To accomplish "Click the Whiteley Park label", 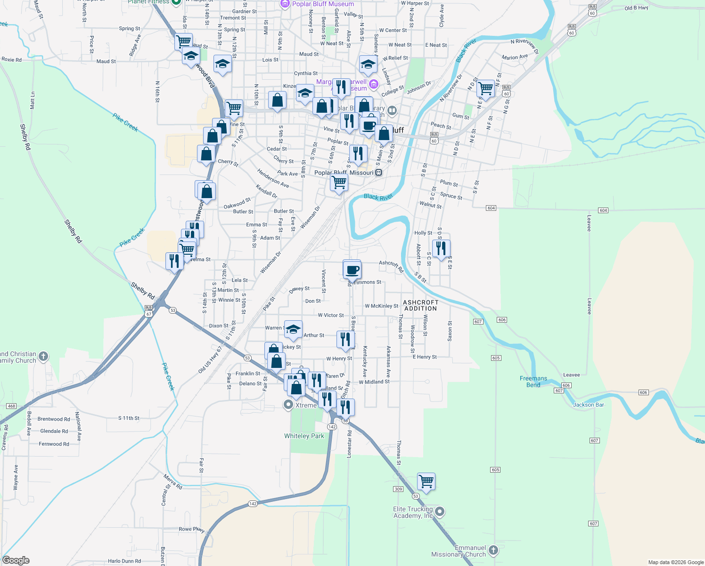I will pyautogui.click(x=304, y=436).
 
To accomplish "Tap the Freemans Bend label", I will pyautogui.click(x=533, y=382).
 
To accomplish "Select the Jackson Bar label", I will pyautogui.click(x=588, y=405).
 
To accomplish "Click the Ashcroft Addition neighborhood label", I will pyautogui.click(x=420, y=305).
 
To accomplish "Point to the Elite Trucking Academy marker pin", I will pyautogui.click(x=440, y=511).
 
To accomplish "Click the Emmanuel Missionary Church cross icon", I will pyautogui.click(x=493, y=550).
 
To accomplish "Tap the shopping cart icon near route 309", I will pyautogui.click(x=426, y=482).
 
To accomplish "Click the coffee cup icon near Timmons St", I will pyautogui.click(x=352, y=270).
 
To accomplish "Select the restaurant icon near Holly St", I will pyautogui.click(x=441, y=248).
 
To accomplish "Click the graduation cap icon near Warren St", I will pyautogui.click(x=293, y=329).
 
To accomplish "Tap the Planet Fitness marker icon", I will pyautogui.click(x=176, y=2).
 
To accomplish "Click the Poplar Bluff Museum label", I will pyautogui.click(x=323, y=4).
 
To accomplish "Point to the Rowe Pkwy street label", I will pyautogui.click(x=191, y=529).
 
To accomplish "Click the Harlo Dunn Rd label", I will pyautogui.click(x=124, y=561).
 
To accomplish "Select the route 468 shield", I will pyautogui.click(x=11, y=406).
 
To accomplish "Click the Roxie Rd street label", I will pyautogui.click(x=12, y=60).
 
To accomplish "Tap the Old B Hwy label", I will pyautogui.click(x=636, y=8).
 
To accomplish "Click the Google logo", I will pyautogui.click(x=16, y=560).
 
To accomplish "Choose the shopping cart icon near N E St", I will pyautogui.click(x=485, y=88).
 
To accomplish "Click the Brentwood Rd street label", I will pyautogui.click(x=54, y=419).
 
